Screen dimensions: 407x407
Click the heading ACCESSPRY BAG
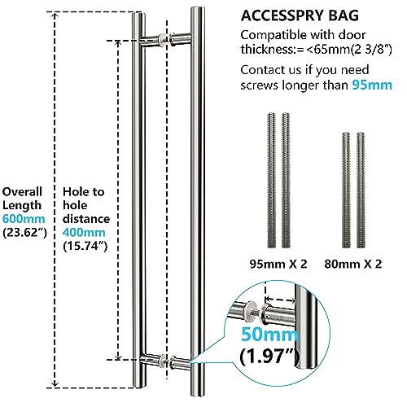pyautogui.click(x=300, y=15)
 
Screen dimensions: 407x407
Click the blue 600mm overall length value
pyautogui.click(x=24, y=219)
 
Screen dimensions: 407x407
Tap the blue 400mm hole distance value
pyautogui.click(x=84, y=232)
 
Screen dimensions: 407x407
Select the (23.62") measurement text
pyautogui.click(x=24, y=233)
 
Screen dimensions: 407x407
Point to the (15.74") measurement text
pyautogui.click(x=85, y=246)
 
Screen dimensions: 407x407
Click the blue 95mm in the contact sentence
pyautogui.click(x=372, y=85)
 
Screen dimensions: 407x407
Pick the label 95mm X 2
pyautogui.click(x=278, y=264)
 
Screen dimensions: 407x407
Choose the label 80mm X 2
pyautogui.click(x=353, y=264)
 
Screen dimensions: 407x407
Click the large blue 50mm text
pyautogui.click(x=269, y=335)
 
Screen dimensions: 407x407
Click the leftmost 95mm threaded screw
pyautogui.click(x=271, y=180)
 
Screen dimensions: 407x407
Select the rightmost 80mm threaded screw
pyautogui.click(x=361, y=190)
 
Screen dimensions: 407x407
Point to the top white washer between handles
pyautogui.click(x=163, y=40)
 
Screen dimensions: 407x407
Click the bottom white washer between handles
pyautogui.click(x=163, y=361)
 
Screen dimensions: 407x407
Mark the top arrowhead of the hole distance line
pyautogui.click(x=118, y=44)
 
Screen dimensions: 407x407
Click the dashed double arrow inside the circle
pyautogui.click(x=280, y=300)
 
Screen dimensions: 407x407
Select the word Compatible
pyautogui.click(x=274, y=36)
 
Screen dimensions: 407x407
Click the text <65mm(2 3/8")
pyautogui.click(x=349, y=50)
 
